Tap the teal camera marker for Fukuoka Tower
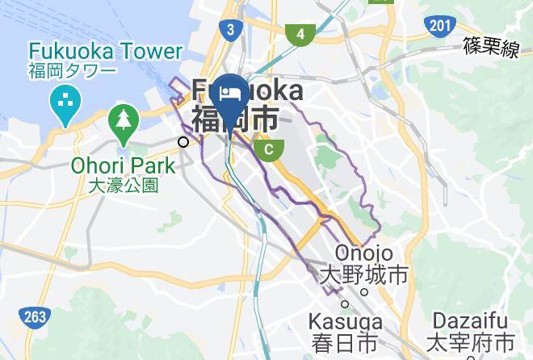pyautogui.click(x=62, y=102)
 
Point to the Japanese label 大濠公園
pyautogui.click(x=121, y=186)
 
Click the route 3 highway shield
pyautogui.click(x=230, y=31)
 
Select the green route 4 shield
pyautogui.click(x=300, y=34)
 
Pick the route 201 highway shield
pyautogui.click(x=439, y=26)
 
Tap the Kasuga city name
pyautogui.click(x=346, y=321)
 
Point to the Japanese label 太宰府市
pyautogui.click(x=473, y=342)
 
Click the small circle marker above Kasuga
pyautogui.click(x=345, y=303)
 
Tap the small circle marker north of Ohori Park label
pyautogui.click(x=184, y=142)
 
